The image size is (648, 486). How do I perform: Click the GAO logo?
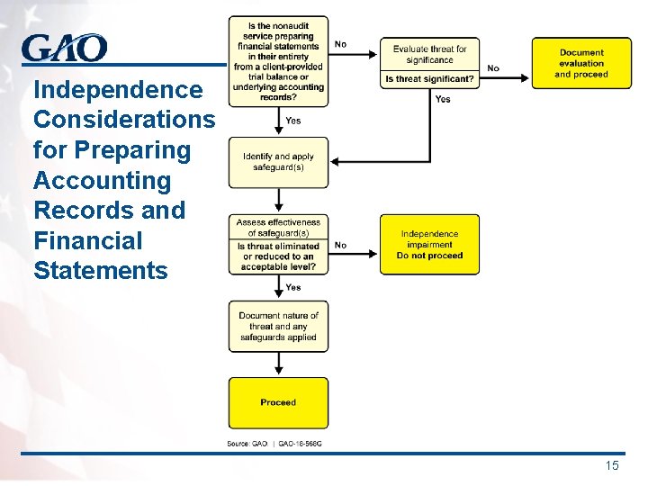[64, 48]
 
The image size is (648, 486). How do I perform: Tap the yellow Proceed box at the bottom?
[278, 402]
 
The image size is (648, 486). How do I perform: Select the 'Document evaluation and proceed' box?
[581, 63]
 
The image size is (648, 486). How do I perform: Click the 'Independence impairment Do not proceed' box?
[429, 245]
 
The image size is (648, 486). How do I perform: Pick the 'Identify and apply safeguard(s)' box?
[278, 162]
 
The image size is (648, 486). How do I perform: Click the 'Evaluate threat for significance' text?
[429, 54]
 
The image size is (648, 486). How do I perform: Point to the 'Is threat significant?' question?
[429, 79]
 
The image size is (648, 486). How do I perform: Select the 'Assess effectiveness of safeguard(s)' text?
[278, 227]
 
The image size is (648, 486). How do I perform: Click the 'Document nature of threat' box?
[278, 327]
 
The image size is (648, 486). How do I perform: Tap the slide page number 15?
[612, 465]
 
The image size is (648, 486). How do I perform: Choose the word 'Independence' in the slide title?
[117, 90]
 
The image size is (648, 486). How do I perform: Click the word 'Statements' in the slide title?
[100, 271]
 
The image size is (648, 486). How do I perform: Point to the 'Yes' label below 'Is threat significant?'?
[443, 99]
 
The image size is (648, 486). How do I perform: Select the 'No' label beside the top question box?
[340, 43]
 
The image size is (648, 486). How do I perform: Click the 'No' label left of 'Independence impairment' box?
[340, 245]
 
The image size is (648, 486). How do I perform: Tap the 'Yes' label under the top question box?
[292, 121]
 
